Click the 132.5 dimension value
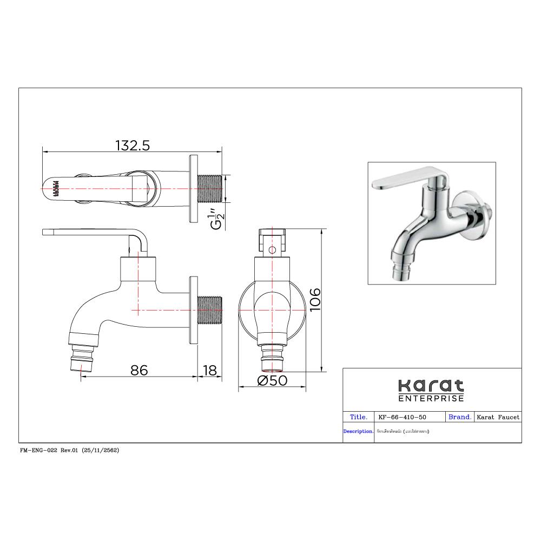[x=132, y=146]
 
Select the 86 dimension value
[x=139, y=370]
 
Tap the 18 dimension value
[x=209, y=370]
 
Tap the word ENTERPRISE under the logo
[x=431, y=399]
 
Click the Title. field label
[x=359, y=417]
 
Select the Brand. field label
[x=460, y=417]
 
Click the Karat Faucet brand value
[x=498, y=417]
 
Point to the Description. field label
[x=358, y=432]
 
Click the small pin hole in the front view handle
[x=272, y=250]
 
